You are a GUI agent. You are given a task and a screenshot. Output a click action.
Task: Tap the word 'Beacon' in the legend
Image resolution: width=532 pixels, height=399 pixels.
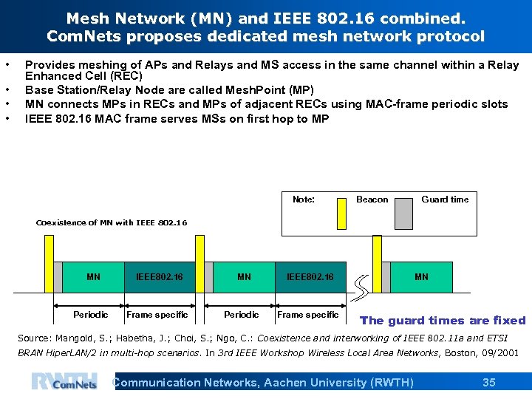point(372,199)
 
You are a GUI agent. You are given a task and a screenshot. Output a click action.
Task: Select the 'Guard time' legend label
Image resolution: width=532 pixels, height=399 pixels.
point(445,199)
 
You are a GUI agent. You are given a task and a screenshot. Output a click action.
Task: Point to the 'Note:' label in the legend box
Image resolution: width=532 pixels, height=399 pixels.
point(303,199)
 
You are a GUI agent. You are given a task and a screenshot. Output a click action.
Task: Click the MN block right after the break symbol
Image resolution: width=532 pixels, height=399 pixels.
point(421,277)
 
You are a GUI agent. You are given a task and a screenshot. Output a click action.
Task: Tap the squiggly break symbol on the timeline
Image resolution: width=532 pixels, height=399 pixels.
point(363,286)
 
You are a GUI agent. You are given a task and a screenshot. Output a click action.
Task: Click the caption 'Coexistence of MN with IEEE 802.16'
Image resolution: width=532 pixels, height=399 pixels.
point(112,222)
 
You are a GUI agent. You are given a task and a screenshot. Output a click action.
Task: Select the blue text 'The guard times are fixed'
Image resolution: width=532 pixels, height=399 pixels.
point(442,321)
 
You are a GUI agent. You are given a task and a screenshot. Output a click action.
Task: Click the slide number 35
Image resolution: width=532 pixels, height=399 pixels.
point(488,382)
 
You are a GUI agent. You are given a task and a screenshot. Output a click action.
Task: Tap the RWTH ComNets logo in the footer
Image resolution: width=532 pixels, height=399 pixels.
point(64,381)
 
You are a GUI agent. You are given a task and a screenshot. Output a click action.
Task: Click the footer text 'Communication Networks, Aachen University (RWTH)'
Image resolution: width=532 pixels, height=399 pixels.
point(262,382)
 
